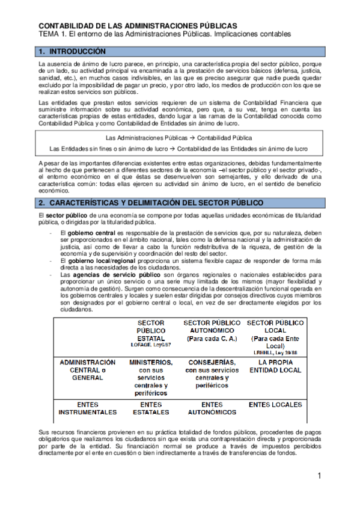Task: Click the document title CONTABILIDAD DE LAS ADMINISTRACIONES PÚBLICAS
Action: [x=138, y=26]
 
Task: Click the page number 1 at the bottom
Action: [x=320, y=476]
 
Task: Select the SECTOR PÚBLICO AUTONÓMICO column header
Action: [x=212, y=330]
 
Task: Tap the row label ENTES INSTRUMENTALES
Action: [x=87, y=408]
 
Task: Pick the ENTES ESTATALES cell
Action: [x=151, y=408]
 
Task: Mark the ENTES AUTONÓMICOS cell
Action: [x=212, y=408]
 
